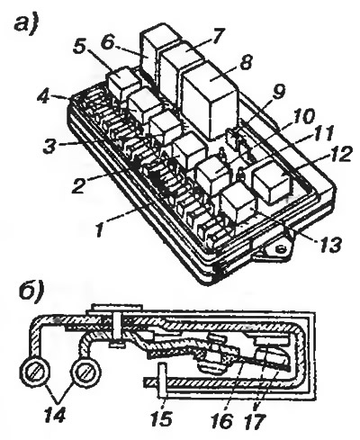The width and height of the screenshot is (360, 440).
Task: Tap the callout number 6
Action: pyautogui.click(x=108, y=42)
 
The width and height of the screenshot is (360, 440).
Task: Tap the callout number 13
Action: pyautogui.click(x=330, y=244)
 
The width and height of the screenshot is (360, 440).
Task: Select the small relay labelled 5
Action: pyautogui.click(x=123, y=84)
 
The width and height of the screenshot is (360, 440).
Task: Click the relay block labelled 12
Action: pyautogui.click(x=273, y=181)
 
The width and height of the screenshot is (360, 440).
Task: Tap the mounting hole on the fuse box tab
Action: pyautogui.click(x=281, y=248)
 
